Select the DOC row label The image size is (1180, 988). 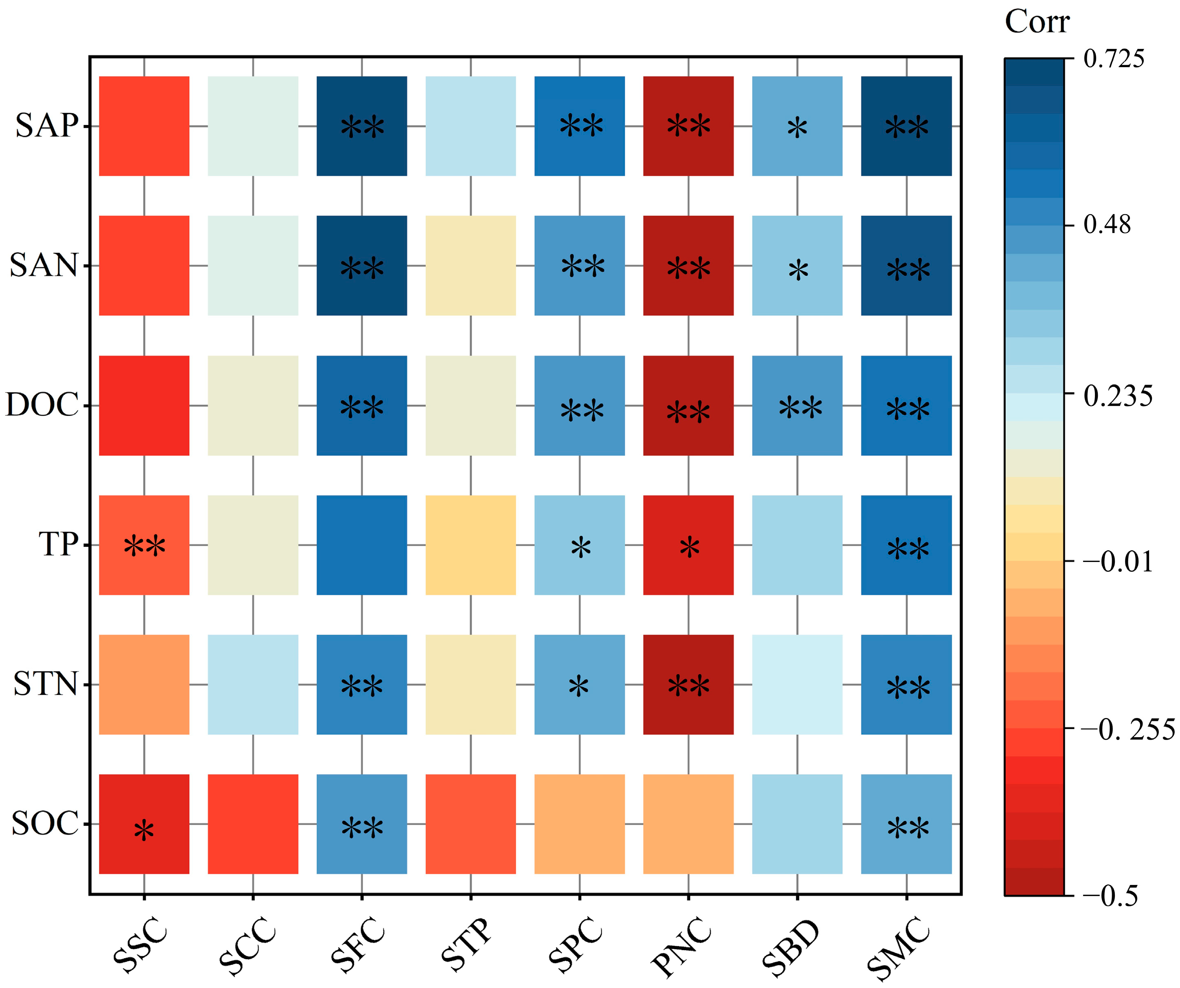point(42,405)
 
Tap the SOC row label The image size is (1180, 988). point(45,824)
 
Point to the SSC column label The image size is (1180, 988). point(140,945)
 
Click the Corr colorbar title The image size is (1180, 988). point(1037,22)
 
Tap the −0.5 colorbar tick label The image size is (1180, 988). point(1110,896)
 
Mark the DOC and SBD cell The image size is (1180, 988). point(797,406)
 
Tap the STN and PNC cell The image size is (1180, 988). point(688,684)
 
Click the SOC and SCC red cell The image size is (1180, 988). point(253,824)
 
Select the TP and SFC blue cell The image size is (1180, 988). point(361,545)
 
